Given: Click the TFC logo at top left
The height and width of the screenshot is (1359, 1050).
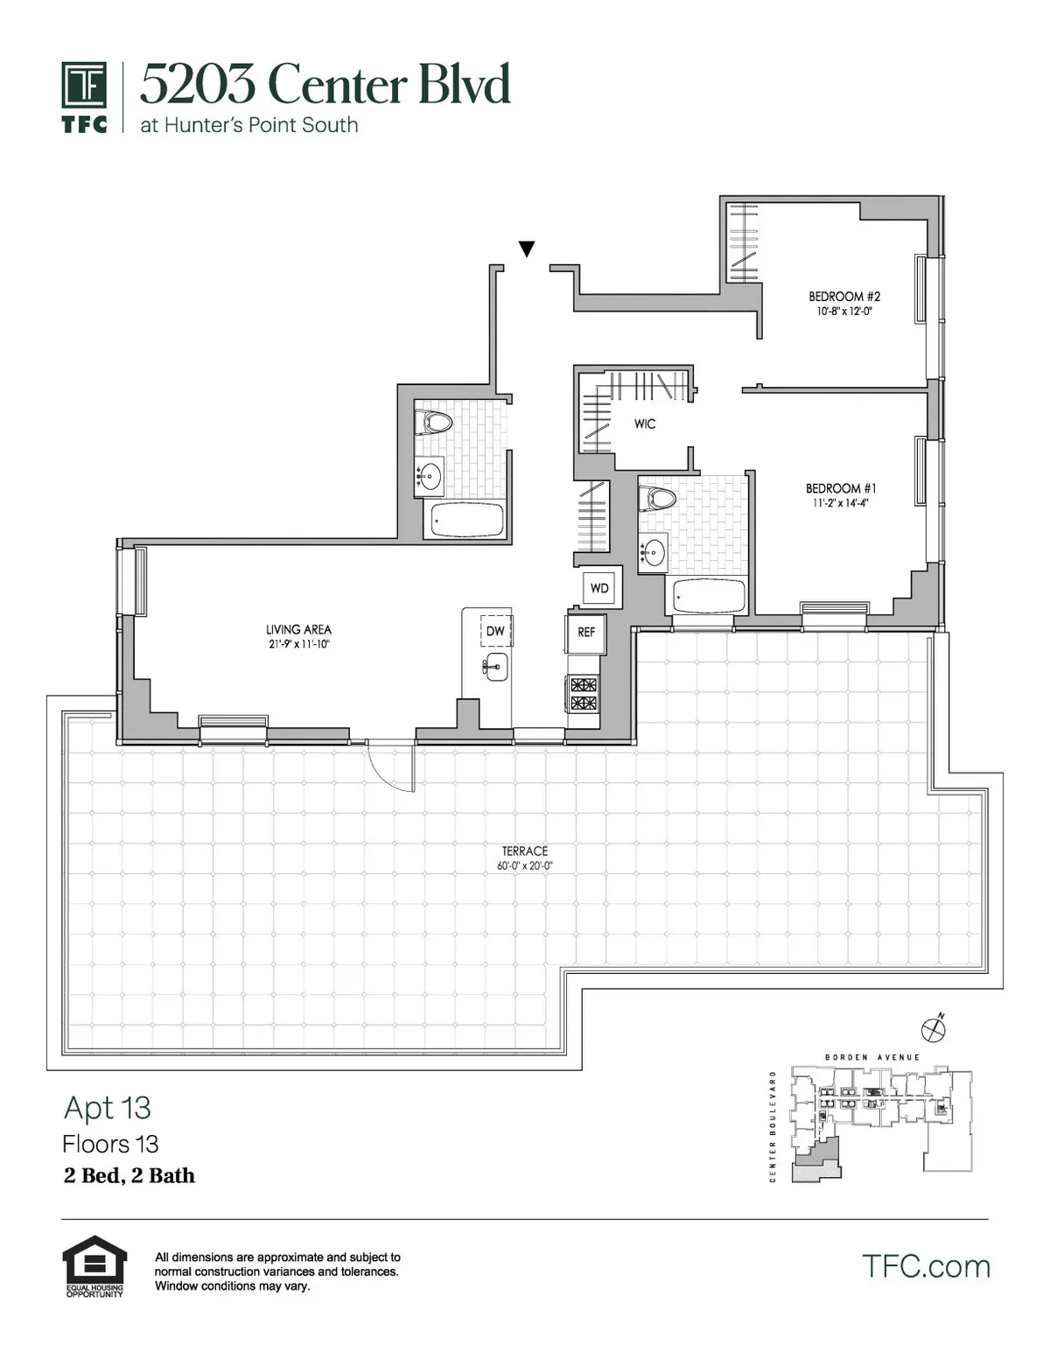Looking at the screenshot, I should [84, 96].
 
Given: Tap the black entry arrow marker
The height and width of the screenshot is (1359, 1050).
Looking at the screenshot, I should [526, 249].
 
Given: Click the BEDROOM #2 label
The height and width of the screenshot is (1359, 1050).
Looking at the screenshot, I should [843, 297].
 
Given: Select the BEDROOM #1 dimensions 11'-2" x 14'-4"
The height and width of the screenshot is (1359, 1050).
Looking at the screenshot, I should [840, 503].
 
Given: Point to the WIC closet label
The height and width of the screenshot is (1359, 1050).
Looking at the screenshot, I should [645, 424].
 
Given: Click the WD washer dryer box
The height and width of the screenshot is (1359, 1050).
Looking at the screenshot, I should [599, 588].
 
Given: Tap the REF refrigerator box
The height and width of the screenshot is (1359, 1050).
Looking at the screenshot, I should [585, 632].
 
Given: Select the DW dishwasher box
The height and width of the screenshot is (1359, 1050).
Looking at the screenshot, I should [495, 631].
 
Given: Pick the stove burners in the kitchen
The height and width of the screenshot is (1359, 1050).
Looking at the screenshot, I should [584, 693].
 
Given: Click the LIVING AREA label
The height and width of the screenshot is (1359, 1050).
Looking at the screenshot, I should [298, 629].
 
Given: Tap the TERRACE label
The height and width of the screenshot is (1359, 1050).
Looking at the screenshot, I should [525, 851].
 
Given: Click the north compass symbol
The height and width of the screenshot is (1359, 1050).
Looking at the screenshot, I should [934, 1029].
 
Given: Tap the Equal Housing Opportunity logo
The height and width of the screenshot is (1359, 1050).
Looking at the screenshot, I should [94, 1265].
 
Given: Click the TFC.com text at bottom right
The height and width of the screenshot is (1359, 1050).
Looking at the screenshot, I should [926, 1266].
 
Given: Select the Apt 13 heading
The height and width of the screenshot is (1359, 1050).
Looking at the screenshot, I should [108, 1108].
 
